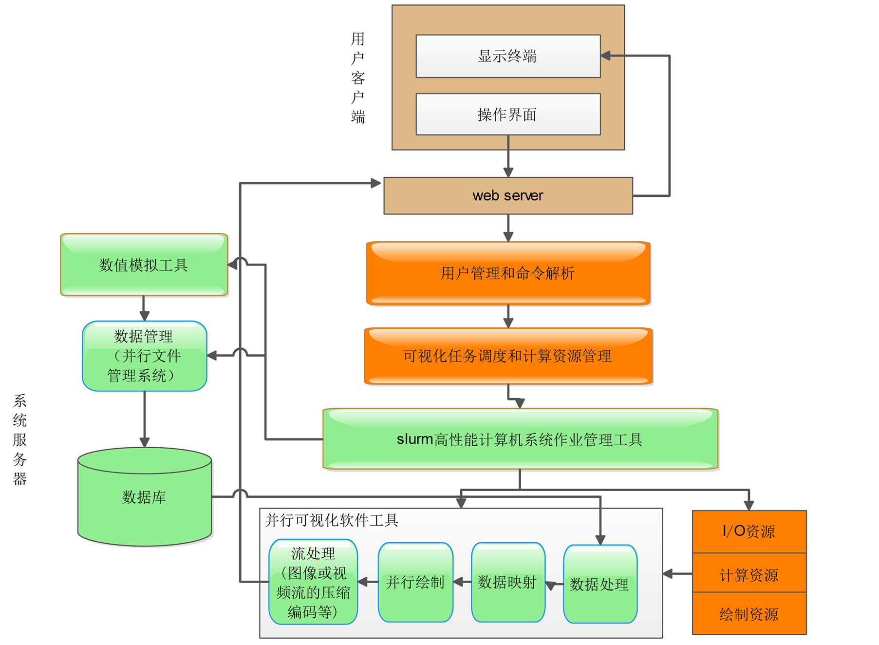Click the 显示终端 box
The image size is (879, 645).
point(508,56)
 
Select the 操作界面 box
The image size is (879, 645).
point(508,114)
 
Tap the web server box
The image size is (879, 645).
point(508,196)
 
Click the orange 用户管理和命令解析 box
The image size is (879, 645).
point(508,273)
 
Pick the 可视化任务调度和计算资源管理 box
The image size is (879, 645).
point(508,356)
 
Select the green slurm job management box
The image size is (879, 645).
point(520,439)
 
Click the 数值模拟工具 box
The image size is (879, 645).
point(144,265)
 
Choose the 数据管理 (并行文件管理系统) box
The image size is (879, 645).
point(144,356)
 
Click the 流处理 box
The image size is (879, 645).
point(313,582)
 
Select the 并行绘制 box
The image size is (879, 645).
point(415,582)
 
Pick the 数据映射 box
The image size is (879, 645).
point(507,582)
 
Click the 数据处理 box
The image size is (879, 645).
point(599,584)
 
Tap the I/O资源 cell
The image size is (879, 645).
point(749,531)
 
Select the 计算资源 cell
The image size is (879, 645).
point(749,574)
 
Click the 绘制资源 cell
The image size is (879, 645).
point(749,614)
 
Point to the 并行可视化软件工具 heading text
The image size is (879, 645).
point(332,520)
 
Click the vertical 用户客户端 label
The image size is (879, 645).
point(358,78)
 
